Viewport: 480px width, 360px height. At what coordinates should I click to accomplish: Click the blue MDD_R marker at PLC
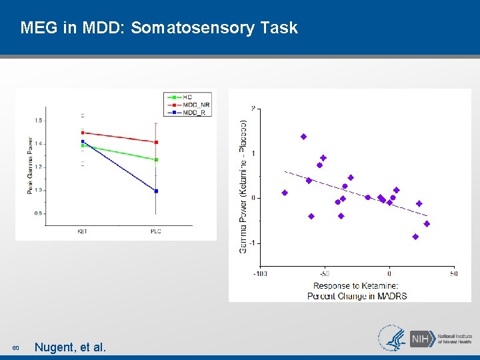point(156,191)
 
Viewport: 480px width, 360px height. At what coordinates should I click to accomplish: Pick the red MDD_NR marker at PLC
point(156,142)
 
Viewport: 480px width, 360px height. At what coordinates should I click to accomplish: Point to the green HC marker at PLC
point(156,160)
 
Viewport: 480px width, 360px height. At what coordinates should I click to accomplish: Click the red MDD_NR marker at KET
point(83,133)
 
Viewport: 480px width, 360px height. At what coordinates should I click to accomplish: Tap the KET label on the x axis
point(83,231)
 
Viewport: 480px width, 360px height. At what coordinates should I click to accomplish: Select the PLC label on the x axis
point(156,231)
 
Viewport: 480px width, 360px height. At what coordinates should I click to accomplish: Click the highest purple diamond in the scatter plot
point(303,137)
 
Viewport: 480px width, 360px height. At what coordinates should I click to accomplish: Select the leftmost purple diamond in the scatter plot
point(285,193)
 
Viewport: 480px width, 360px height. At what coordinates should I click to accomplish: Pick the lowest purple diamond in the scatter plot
point(415,237)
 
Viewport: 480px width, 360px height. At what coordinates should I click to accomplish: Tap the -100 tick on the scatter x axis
point(260,273)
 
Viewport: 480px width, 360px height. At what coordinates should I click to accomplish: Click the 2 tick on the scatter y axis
point(253,108)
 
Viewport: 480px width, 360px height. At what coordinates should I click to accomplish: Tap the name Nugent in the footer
point(56,347)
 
